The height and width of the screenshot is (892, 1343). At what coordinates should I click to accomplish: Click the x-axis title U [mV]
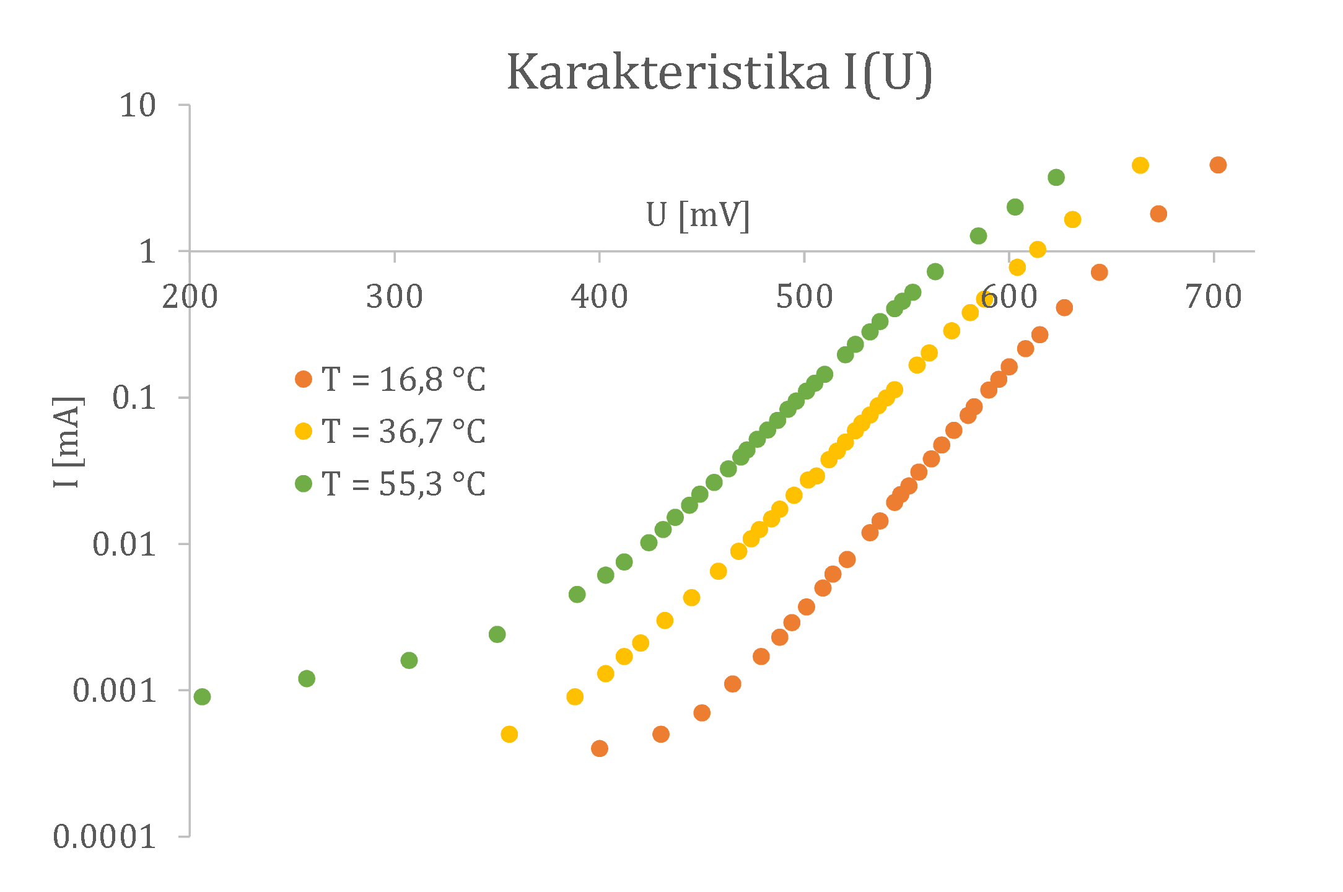pos(698,216)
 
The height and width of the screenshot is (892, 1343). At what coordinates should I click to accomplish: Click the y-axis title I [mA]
pos(67,442)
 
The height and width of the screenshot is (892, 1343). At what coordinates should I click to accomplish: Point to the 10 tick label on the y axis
pos(138,106)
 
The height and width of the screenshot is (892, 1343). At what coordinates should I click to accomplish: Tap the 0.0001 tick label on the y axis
pos(104,837)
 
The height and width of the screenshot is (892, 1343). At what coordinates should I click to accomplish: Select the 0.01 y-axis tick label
pos(124,544)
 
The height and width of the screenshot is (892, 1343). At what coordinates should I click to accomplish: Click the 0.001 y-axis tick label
pos(114,691)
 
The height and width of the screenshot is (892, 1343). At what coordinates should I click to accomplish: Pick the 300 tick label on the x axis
pos(394,297)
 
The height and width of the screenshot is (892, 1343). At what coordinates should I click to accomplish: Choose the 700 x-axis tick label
pos(1214,297)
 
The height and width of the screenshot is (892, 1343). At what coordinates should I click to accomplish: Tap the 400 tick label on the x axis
pos(599,297)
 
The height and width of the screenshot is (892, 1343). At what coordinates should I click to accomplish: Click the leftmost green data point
pos(202,697)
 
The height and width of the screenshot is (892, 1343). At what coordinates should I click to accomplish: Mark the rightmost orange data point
pos(1218,165)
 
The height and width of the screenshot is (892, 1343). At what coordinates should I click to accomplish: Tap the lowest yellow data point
pos(509,734)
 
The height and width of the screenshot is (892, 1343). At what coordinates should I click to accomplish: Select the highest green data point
pos(1056,178)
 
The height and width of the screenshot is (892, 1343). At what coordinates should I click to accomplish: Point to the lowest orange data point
pos(599,748)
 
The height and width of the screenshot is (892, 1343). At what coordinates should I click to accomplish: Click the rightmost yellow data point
pos(1140,165)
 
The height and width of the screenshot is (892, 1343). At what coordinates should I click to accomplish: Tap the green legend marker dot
pos(304,484)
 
